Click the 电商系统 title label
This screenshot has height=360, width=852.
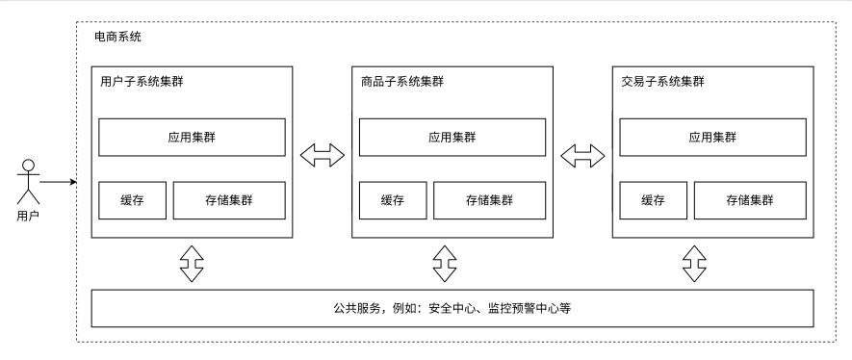[x=117, y=37]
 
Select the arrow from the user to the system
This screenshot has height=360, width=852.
[x=58, y=182]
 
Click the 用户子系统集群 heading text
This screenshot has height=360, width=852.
[x=142, y=82]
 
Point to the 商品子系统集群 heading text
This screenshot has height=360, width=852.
[x=402, y=82]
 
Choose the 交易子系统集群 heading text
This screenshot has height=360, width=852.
[x=663, y=82]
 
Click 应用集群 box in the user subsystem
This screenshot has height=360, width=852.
[x=192, y=138]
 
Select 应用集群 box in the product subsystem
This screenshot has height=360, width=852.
[x=452, y=138]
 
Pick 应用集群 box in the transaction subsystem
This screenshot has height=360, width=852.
[x=713, y=138]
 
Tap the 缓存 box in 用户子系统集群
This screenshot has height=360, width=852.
[x=132, y=200]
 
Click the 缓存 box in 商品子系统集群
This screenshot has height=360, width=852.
[x=393, y=200]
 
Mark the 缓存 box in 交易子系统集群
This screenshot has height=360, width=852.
[x=653, y=200]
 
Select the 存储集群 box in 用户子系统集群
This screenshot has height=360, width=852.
[x=229, y=200]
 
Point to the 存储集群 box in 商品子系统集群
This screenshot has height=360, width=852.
[x=490, y=200]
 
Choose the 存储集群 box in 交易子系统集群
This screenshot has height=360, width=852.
[x=750, y=200]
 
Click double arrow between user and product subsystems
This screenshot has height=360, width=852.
[x=323, y=155]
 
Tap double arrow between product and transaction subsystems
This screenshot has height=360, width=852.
[x=582, y=155]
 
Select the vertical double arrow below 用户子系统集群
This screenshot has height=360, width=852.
[x=192, y=264]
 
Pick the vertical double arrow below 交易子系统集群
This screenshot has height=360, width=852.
[x=694, y=264]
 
